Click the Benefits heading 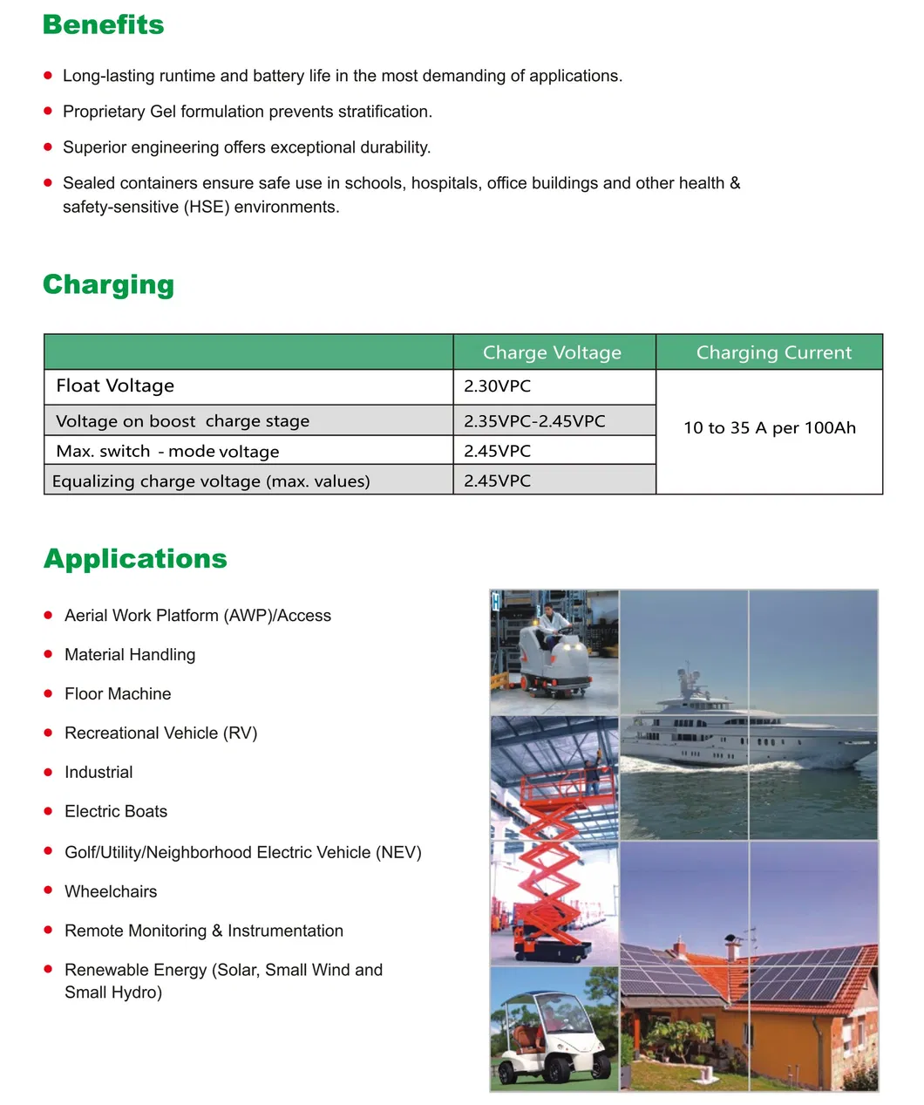(103, 24)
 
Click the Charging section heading (108, 284)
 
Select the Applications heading (135, 558)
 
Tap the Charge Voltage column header (552, 352)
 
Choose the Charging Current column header (773, 352)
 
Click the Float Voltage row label (115, 385)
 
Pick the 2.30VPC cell (497, 385)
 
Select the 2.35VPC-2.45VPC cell (534, 420)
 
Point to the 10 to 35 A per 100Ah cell (769, 427)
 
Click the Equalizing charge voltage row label (211, 481)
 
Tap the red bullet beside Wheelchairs (48, 890)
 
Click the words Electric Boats (116, 811)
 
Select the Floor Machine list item (118, 693)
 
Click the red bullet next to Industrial (48, 771)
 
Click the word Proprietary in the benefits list (104, 112)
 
